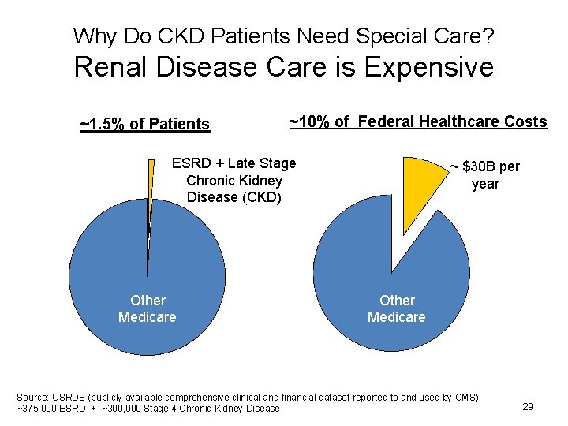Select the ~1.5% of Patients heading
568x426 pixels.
[x=145, y=124]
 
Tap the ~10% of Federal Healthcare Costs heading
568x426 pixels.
[x=417, y=121]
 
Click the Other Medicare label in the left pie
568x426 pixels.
[x=148, y=308]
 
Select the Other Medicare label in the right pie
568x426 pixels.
[x=396, y=308]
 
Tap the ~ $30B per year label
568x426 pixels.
[x=484, y=175]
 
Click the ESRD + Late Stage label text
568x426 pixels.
[x=234, y=163]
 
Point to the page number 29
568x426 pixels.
[x=528, y=406]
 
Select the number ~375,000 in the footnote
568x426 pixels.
[x=39, y=408]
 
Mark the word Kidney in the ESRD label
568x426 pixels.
[x=261, y=181]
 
